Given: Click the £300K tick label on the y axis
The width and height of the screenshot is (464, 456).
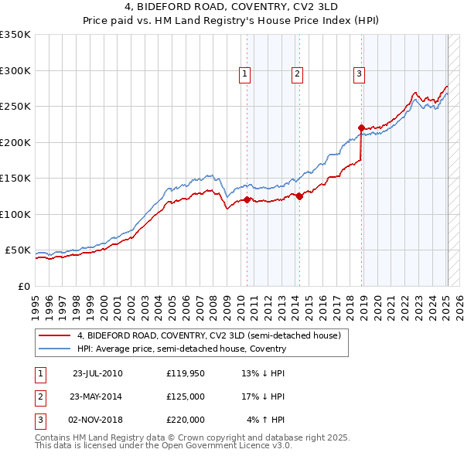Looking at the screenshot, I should [x=15, y=70].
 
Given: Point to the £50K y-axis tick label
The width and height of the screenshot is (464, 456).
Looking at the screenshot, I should [x=19, y=250].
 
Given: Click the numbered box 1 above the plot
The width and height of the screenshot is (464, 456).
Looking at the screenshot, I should [x=244, y=74].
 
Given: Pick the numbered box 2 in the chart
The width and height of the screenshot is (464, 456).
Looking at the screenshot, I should [x=297, y=74].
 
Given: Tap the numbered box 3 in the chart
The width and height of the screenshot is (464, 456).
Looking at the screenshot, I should [x=360, y=74].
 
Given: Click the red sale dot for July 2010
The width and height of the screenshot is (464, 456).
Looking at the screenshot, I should [x=247, y=199].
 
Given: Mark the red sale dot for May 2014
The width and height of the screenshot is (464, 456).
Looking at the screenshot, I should [x=300, y=196].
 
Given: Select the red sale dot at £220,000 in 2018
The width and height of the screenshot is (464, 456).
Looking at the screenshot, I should [x=361, y=128].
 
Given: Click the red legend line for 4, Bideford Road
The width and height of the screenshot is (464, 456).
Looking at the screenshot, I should [x=55, y=336].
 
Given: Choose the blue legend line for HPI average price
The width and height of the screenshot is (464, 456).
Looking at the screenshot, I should [x=55, y=349].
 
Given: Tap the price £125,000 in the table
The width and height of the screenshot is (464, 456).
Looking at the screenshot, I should [x=186, y=396].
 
